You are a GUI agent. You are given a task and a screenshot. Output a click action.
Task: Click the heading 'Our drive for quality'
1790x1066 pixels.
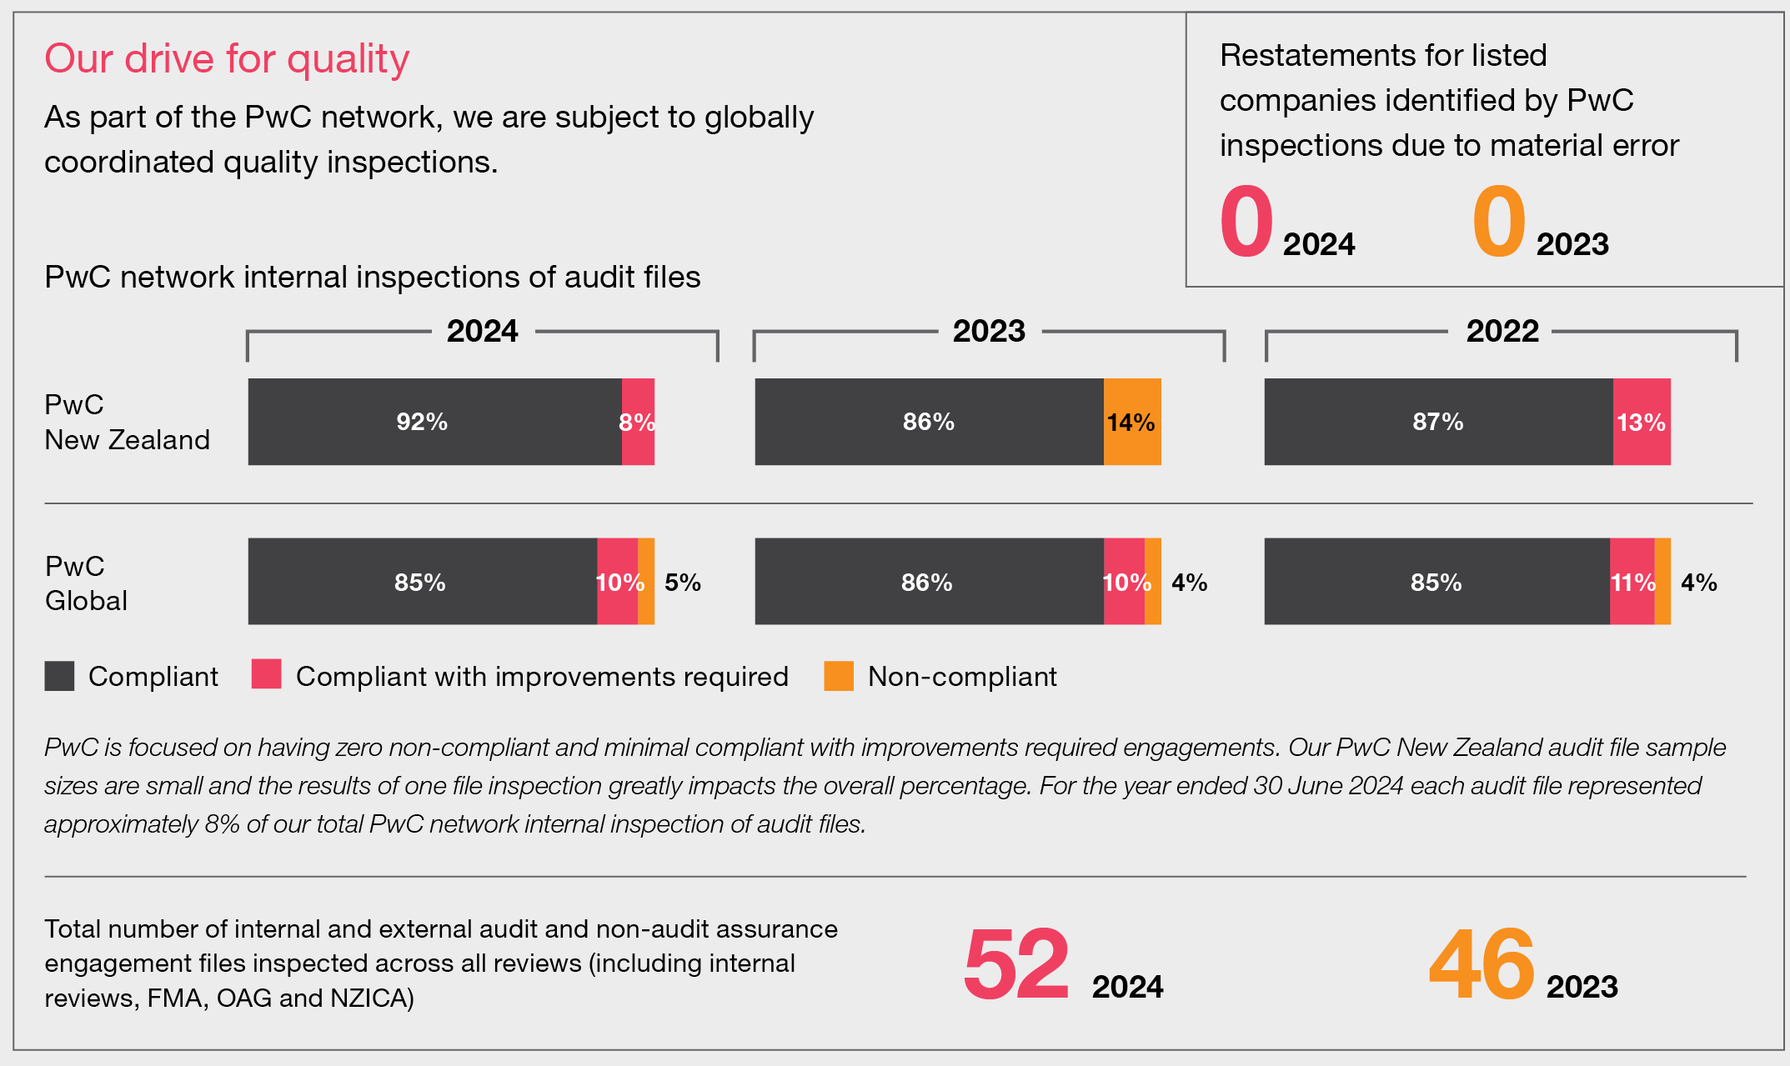tap(227, 59)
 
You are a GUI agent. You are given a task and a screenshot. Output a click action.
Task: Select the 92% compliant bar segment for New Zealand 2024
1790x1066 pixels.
tap(434, 422)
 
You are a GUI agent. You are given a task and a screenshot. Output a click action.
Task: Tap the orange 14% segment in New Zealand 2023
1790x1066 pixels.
tap(1131, 422)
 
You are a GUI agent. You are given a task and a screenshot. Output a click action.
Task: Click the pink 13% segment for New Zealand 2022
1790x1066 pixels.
tap(1641, 422)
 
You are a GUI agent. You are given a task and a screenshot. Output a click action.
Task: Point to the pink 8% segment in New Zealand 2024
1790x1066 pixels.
tap(638, 422)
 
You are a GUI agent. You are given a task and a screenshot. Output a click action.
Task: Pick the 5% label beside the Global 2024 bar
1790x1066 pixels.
tap(682, 582)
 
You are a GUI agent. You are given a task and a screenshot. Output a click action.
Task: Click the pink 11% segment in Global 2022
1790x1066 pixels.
tap(1632, 582)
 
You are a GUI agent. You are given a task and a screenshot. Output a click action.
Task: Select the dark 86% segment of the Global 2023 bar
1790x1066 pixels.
tap(928, 582)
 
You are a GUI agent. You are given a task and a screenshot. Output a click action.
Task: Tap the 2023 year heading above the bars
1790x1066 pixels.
tap(989, 331)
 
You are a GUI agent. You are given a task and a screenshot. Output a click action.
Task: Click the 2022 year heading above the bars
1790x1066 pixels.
tap(1502, 331)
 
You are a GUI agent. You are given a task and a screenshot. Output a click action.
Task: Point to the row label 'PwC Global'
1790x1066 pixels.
tap(86, 583)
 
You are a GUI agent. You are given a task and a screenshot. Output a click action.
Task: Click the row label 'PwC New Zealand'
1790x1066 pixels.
tap(127, 422)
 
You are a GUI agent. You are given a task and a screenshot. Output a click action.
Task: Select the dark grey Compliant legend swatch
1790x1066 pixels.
tap(59, 676)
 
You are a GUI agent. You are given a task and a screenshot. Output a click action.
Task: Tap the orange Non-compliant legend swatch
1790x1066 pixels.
tap(838, 676)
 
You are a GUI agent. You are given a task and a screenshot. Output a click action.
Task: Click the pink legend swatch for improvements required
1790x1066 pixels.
tap(266, 674)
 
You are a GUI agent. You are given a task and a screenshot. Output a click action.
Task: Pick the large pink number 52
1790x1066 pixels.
tap(1015, 964)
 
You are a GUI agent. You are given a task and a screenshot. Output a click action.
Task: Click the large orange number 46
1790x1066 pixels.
tap(1482, 964)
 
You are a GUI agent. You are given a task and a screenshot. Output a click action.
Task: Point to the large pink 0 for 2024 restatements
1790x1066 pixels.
tap(1246, 222)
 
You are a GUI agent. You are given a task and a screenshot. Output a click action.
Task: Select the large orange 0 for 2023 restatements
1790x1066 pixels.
tap(1498, 222)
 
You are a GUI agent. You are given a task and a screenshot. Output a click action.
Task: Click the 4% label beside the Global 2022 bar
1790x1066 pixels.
tap(1698, 582)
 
